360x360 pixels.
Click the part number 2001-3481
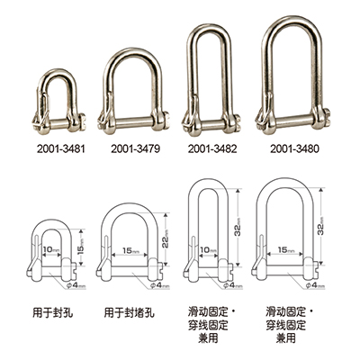pos(61,148)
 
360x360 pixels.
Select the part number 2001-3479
pos(135,148)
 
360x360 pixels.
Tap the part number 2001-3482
pos(212,148)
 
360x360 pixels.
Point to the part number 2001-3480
pos(294,148)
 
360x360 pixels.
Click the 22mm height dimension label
pos(166,238)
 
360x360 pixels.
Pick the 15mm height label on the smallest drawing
pos(81,247)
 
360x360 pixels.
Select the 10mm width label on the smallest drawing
pos(51,249)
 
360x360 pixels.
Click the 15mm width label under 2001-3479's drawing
pos(130,250)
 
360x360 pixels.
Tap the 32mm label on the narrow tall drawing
pos(238,227)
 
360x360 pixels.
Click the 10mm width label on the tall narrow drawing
pos(208,250)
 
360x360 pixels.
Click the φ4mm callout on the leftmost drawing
pos(76,285)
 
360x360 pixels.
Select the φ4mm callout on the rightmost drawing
pos(315,285)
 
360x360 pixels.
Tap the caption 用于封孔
pos(52,313)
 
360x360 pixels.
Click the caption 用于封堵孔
pos(130,313)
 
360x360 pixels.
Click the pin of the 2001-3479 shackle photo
pos(133,122)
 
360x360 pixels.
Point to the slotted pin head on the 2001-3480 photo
pos(325,117)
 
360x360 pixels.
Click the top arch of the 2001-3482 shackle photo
pos(209,28)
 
